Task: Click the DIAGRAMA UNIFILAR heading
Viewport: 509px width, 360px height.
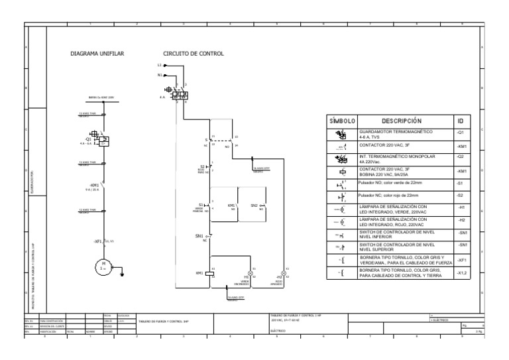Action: (97, 53)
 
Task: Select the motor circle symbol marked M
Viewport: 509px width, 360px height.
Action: (104, 267)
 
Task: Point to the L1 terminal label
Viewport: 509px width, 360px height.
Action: (159, 66)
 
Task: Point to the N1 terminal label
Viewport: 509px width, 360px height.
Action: (159, 75)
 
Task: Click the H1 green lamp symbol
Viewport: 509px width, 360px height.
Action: (251, 272)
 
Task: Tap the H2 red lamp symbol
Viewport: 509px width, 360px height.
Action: (285, 272)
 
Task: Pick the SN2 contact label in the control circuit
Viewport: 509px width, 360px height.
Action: (254, 206)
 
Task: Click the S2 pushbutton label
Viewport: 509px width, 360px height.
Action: (202, 166)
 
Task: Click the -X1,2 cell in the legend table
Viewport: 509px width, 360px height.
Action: (462, 272)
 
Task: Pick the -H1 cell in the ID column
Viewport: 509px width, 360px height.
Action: (461, 208)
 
